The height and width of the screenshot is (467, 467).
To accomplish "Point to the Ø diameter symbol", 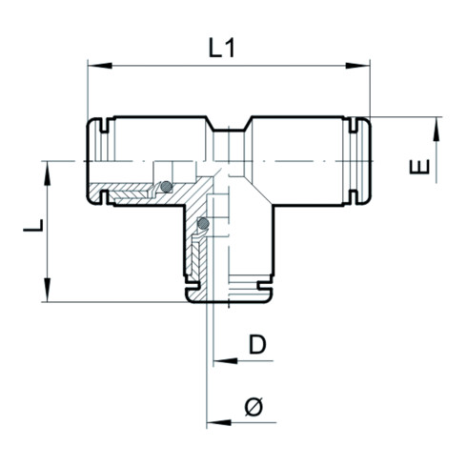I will pos(254,407).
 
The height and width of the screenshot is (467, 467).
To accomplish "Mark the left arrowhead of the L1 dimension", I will pos(93,66).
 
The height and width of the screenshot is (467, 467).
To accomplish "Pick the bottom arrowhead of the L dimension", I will pos(46,294).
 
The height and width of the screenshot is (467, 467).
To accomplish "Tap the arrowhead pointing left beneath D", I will pos(223,361).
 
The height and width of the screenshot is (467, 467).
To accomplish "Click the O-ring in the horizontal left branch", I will pos(167,186).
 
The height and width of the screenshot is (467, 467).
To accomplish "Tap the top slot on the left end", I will pos(100,125).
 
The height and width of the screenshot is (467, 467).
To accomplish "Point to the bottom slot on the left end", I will pos(100,199).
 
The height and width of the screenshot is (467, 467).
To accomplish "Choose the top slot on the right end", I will pos(356,125).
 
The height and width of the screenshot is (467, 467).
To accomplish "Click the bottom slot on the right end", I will pos(356,199).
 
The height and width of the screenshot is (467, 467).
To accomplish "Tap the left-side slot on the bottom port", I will pos(192,284).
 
